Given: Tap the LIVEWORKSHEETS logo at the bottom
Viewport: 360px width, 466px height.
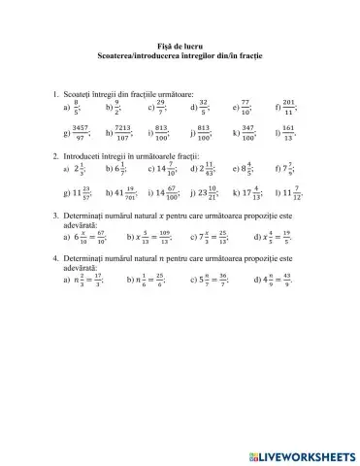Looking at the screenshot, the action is [302, 451].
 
